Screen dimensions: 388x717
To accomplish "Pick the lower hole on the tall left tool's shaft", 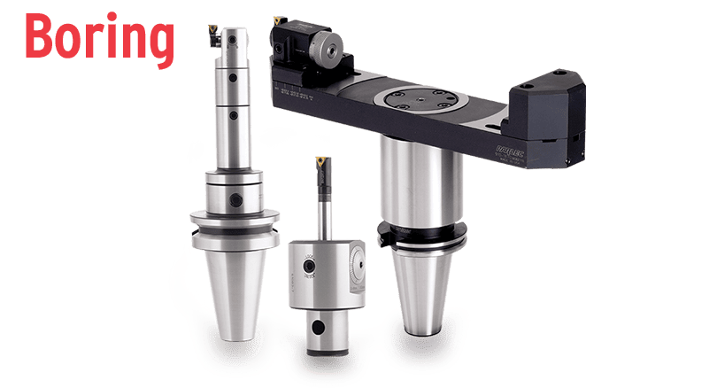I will [233, 113].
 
